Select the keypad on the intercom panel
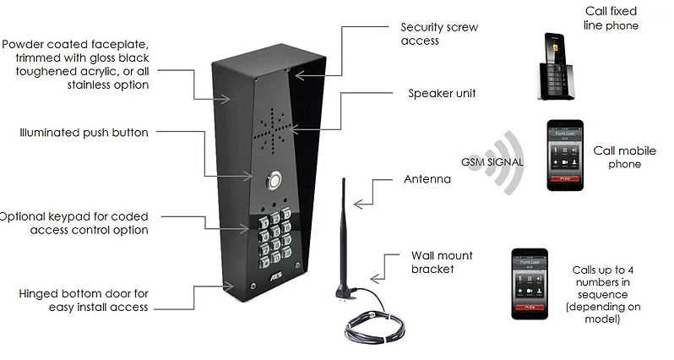coord(275,236)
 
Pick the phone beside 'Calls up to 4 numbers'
coord(532,283)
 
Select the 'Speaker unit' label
coord(441,93)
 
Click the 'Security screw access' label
coord(438,34)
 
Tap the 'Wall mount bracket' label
coord(442,262)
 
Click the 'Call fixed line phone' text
coord(611,19)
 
